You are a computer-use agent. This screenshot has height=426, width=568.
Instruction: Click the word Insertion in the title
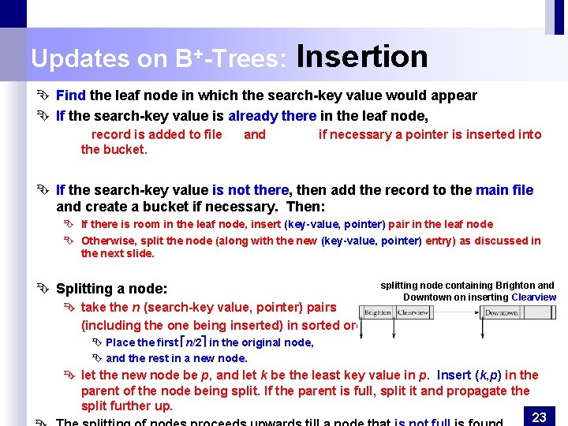click(362, 57)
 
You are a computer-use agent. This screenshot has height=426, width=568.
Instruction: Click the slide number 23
click(540, 417)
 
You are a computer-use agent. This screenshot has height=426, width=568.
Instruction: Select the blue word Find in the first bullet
click(71, 95)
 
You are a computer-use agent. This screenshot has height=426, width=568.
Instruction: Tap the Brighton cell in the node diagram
click(378, 312)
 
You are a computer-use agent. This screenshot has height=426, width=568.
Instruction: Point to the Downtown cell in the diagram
click(500, 313)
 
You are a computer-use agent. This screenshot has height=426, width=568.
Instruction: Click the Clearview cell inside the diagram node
click(413, 312)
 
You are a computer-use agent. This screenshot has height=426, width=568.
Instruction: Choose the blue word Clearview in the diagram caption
click(533, 297)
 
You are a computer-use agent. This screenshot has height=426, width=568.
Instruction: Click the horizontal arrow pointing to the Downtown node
click(458, 313)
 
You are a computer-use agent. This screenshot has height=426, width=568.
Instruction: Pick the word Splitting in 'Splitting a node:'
click(83, 290)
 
